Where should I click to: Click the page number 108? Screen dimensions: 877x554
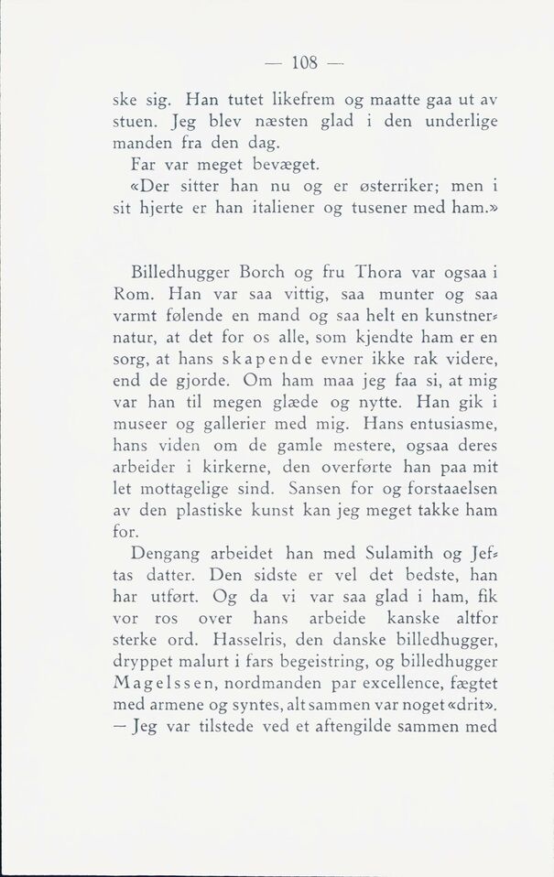(302, 63)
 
